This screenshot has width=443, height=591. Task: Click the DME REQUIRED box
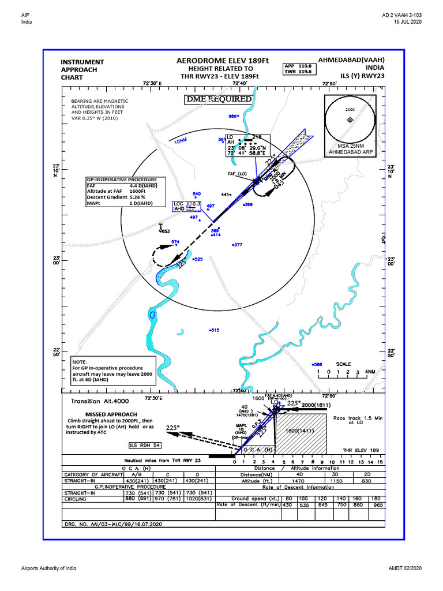click(x=219, y=99)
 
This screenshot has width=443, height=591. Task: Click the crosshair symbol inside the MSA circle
click(x=349, y=119)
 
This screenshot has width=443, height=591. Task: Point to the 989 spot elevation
click(x=233, y=116)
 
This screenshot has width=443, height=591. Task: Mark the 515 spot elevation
click(x=214, y=330)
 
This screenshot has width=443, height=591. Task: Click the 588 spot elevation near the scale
click(x=316, y=364)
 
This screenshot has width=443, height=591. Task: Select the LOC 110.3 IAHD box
click(x=187, y=207)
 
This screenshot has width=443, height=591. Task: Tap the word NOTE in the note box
click(x=80, y=361)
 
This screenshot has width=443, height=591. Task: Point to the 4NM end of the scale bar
click(x=370, y=372)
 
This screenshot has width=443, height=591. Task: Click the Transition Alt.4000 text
click(x=100, y=401)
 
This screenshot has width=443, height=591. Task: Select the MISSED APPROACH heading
click(x=111, y=414)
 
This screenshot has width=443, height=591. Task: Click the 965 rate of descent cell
click(x=377, y=504)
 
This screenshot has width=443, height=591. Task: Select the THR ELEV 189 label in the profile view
click(x=361, y=450)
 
